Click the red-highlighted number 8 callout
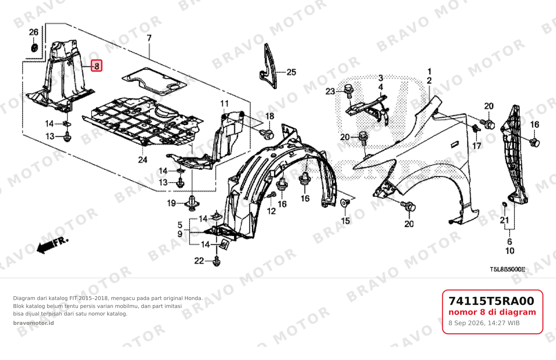click(97, 66)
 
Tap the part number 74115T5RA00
click(491, 301)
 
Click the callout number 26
click(34, 32)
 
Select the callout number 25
click(291, 72)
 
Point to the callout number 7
click(149, 38)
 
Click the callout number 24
click(143, 160)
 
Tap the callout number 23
click(330, 91)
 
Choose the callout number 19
click(171, 203)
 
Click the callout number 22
click(199, 260)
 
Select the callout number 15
click(345, 221)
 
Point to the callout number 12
click(271, 211)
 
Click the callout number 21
click(504, 220)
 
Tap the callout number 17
click(477, 146)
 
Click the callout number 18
click(270, 116)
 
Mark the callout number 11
click(225, 103)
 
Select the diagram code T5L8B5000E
click(508, 269)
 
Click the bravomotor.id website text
click(33, 323)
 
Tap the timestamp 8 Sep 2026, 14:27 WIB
click(484, 323)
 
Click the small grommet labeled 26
click(34, 48)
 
